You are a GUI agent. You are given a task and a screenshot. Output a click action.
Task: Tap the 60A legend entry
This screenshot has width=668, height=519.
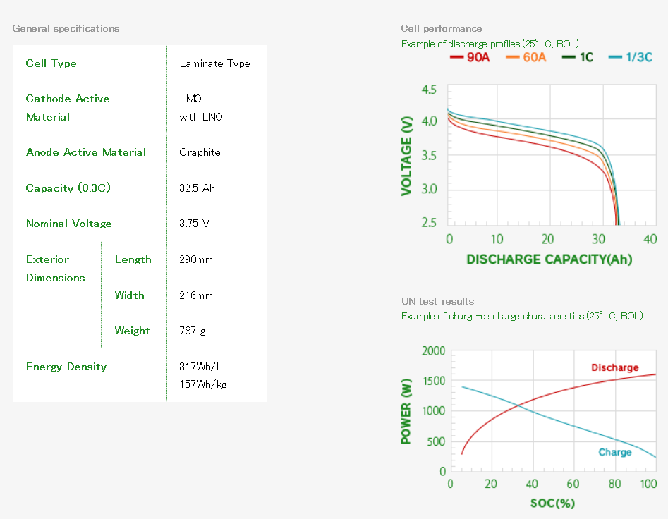click(527, 58)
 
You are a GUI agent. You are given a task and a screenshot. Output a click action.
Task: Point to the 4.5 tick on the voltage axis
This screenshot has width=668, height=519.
click(428, 90)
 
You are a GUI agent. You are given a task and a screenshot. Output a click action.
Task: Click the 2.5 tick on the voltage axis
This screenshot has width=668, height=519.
click(428, 223)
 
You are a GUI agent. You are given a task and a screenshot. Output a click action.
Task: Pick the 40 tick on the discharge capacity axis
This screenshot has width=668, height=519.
click(650, 239)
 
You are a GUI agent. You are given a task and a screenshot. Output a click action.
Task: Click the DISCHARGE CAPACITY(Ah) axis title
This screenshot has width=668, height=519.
click(549, 259)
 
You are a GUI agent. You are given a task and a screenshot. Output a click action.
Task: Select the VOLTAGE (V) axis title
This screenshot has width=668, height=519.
click(407, 156)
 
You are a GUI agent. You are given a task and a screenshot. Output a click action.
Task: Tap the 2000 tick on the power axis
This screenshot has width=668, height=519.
click(433, 351)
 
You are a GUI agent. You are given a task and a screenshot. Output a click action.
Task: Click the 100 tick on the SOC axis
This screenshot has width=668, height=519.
click(648, 484)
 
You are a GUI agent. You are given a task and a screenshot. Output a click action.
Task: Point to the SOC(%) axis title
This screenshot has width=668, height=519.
click(552, 503)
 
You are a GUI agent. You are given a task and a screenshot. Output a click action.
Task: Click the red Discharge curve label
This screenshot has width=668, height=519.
click(614, 367)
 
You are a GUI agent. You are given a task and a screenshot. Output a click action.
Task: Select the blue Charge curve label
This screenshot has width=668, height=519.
click(614, 452)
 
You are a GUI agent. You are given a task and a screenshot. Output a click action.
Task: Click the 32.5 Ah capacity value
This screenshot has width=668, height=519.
click(197, 188)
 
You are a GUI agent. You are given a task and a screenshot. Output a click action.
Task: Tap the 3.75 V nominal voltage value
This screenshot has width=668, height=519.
click(194, 224)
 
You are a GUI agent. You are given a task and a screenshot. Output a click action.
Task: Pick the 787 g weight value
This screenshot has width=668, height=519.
click(193, 331)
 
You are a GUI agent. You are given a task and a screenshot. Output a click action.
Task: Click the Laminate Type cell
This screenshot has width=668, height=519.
click(214, 63)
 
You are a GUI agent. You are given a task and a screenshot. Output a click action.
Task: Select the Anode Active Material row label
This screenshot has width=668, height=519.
click(86, 152)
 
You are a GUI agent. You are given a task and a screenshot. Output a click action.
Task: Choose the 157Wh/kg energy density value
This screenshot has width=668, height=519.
click(202, 384)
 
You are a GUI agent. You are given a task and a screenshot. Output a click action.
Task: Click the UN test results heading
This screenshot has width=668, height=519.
click(437, 301)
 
